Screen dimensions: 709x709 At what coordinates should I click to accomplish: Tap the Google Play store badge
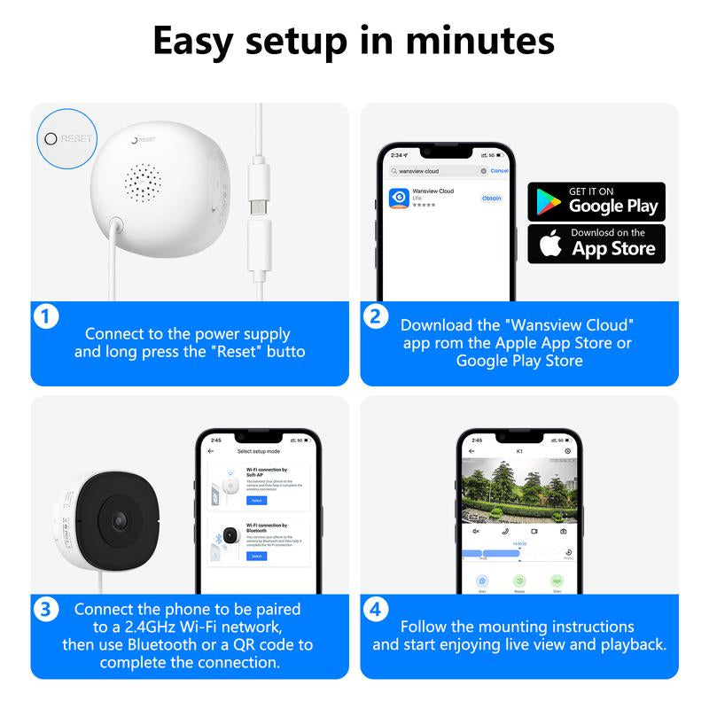pyautogui.click(x=596, y=201)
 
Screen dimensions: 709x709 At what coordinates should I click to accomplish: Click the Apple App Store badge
pyautogui.click(x=596, y=244)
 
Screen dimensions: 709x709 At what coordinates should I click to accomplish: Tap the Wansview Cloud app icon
pyautogui.click(x=399, y=198)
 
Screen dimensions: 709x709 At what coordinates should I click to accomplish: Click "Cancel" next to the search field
pyautogui.click(x=499, y=170)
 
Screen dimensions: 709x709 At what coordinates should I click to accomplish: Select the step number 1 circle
pyautogui.click(x=45, y=316)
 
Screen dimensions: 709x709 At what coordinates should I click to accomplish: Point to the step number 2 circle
pyautogui.click(x=375, y=316)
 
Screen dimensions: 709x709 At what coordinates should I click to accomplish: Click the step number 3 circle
pyautogui.click(x=45, y=610)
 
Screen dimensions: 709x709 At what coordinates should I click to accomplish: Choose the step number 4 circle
pyautogui.click(x=375, y=610)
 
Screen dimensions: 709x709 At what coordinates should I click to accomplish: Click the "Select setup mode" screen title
pyautogui.click(x=256, y=451)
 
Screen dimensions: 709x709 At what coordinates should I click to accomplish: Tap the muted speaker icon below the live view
pyautogui.click(x=476, y=531)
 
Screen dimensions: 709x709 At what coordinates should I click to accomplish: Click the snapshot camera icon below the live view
pyautogui.click(x=563, y=531)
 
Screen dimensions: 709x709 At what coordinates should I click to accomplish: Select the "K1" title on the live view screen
pyautogui.click(x=519, y=451)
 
